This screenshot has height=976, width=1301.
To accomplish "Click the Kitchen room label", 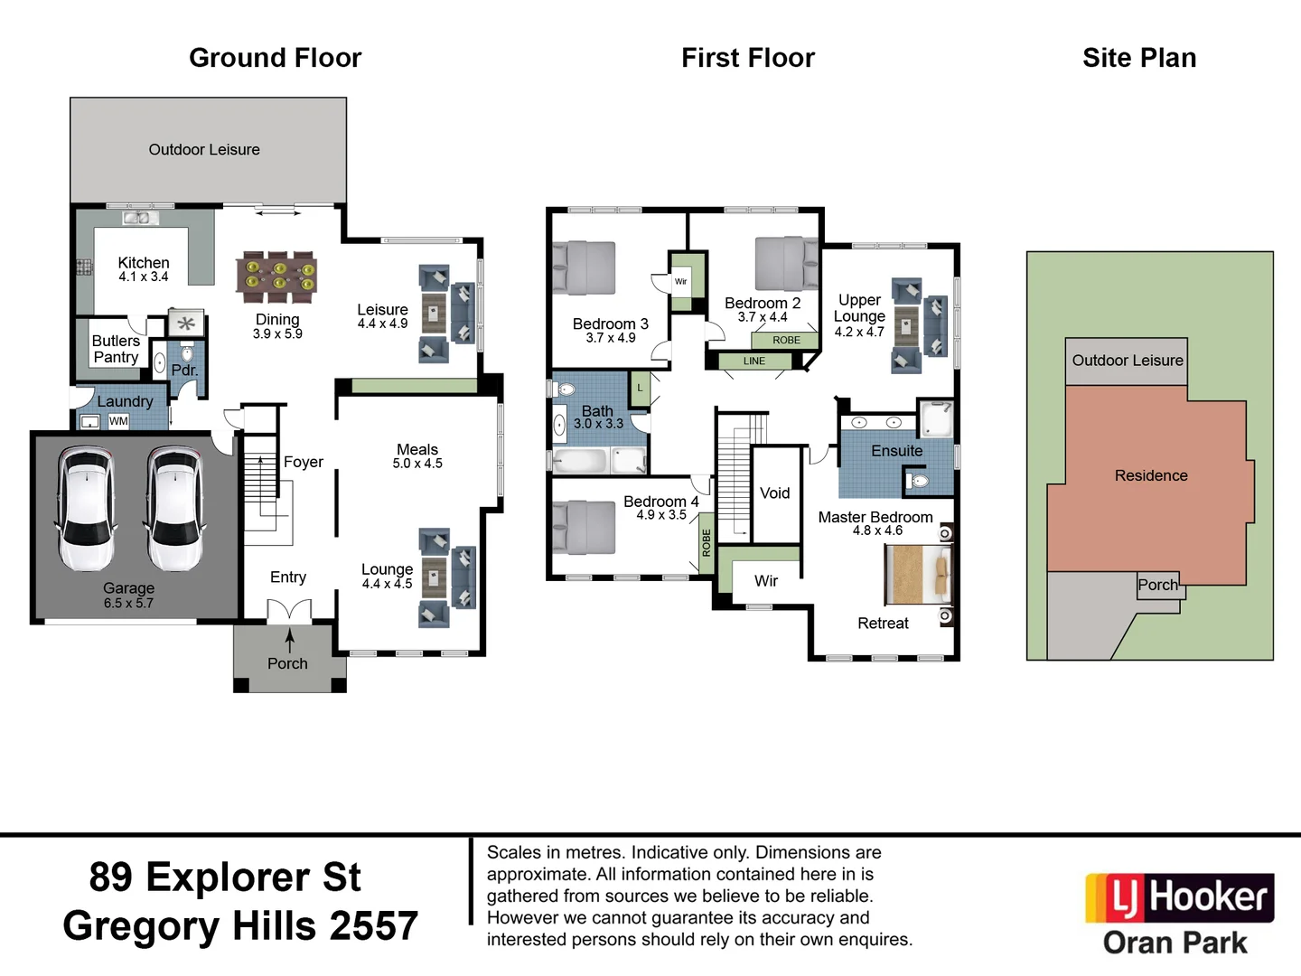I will [x=143, y=263].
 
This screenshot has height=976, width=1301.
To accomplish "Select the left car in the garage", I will [x=86, y=508].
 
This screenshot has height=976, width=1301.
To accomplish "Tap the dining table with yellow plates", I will [x=276, y=277].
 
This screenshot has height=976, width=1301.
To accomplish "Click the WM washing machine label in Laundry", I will [x=118, y=421].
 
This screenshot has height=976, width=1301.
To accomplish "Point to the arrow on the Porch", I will [x=289, y=641].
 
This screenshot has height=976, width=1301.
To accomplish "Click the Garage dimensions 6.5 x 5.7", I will [x=128, y=603].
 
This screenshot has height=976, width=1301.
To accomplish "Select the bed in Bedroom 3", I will [x=584, y=268].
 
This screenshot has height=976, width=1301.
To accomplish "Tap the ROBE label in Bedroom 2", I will [x=786, y=341].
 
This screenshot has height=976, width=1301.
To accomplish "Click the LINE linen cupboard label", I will [x=754, y=361].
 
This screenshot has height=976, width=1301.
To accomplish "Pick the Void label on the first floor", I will [x=774, y=493].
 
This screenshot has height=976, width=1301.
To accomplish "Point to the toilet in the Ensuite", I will [x=918, y=481].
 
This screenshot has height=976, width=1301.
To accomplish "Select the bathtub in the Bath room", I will [x=580, y=461].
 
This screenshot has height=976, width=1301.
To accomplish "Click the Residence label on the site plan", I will [x=1150, y=476].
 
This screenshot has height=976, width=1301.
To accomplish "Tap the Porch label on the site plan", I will [x=1157, y=586].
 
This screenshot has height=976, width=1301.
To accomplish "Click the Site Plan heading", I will [x=1138, y=58].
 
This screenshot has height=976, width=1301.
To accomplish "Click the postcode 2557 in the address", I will [x=373, y=926].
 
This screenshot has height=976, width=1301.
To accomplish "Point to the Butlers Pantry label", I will [x=116, y=349].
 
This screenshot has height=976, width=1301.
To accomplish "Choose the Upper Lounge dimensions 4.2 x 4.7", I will [x=858, y=333].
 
